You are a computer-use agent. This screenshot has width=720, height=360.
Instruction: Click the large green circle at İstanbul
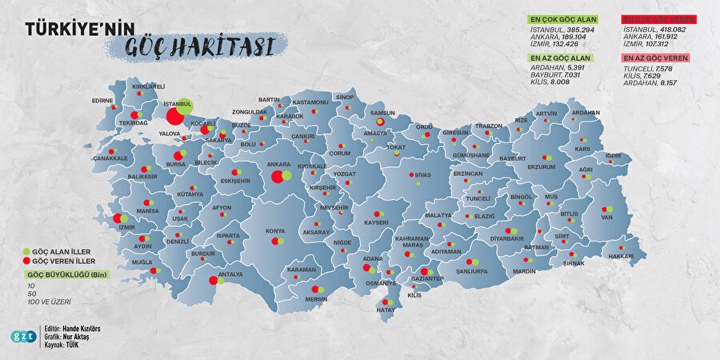tap(185, 106)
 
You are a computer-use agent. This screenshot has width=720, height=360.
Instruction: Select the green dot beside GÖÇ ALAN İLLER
tap(26, 250)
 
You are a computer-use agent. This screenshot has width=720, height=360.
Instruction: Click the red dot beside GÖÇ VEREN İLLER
tap(26, 261)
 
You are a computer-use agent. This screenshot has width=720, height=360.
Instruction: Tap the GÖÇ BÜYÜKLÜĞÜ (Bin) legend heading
tap(63, 274)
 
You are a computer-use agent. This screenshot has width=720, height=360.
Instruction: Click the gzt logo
tap(22, 336)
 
